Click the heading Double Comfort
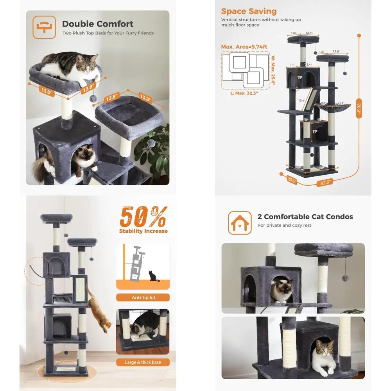(x=98, y=24)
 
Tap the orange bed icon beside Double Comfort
(x=44, y=27)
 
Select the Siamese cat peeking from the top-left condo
(x=86, y=157)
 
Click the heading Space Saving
(x=249, y=11)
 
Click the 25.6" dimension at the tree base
(x=291, y=181)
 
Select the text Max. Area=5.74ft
(x=244, y=47)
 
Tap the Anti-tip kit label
(x=143, y=297)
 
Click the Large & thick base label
(x=143, y=362)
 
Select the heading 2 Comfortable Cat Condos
(x=305, y=217)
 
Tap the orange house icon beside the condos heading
(x=240, y=223)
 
